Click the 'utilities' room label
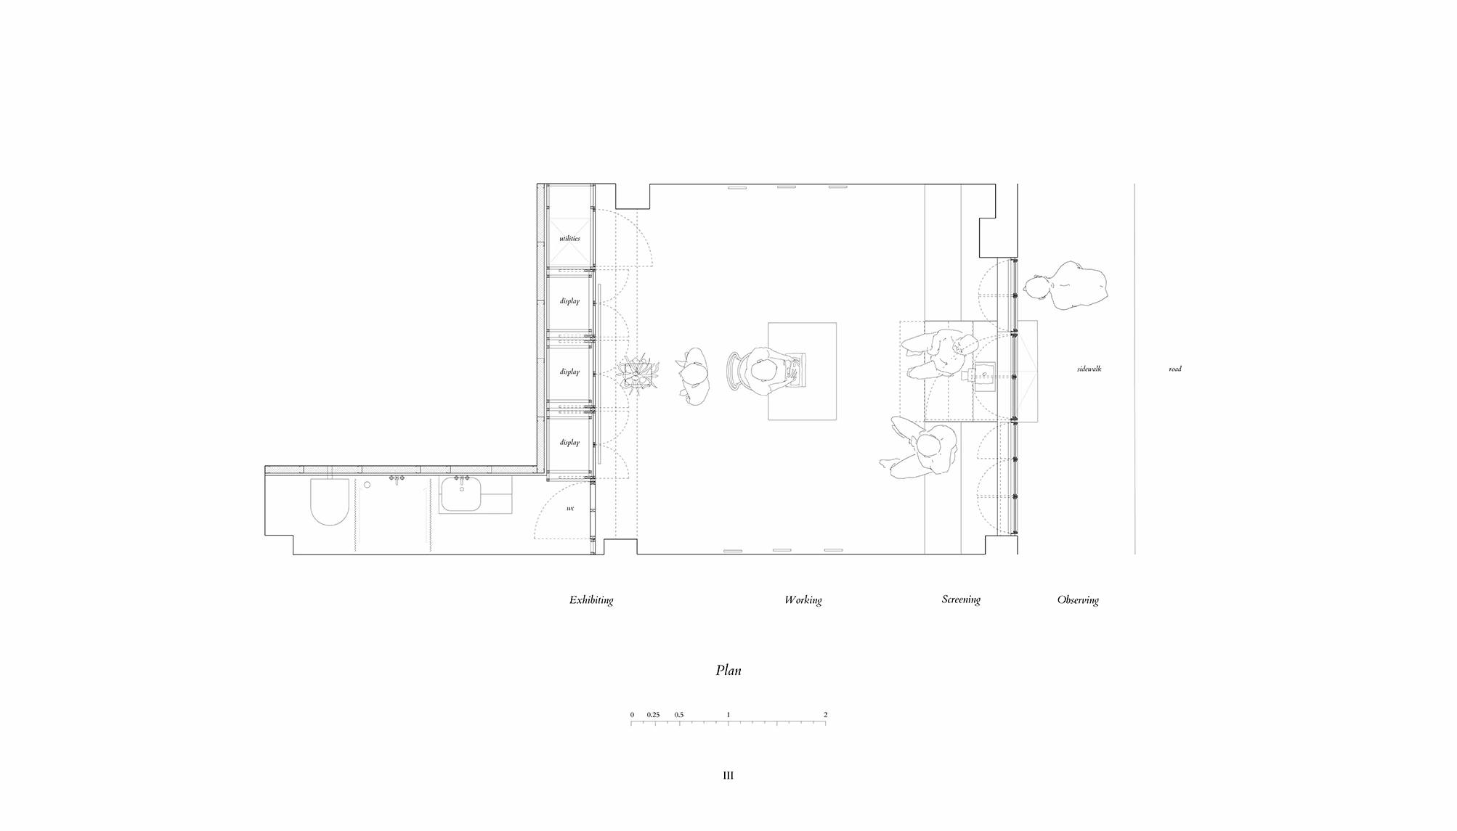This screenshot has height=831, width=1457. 569,238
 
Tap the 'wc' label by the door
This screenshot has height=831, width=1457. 570,508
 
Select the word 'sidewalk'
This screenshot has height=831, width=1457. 1089,369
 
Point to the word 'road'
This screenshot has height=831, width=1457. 1175,369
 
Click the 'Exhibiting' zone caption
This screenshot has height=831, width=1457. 591,600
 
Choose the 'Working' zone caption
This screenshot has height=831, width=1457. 803,600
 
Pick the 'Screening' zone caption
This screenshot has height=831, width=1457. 961,599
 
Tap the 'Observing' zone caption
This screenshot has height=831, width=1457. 1078,600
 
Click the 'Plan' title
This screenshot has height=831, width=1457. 728,670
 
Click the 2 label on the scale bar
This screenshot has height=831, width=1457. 826,715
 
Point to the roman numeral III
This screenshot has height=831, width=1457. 728,775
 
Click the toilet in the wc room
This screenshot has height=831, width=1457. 330,502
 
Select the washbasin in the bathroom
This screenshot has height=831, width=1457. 462,496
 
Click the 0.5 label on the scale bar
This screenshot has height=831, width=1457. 679,715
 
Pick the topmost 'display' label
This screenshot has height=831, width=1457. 569,300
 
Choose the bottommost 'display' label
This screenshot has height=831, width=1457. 569,442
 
